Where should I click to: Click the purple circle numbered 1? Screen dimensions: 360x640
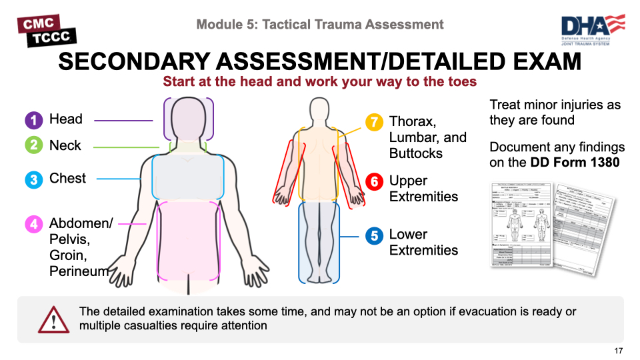[34, 120]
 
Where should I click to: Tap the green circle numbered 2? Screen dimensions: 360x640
[34, 145]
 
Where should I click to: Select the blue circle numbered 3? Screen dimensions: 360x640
[34, 179]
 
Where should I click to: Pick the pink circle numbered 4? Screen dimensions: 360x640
[34, 224]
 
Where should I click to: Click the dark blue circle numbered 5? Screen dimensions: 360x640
[374, 235]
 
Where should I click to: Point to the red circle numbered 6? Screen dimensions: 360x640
[374, 181]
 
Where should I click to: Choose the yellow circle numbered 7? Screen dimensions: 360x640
[374, 122]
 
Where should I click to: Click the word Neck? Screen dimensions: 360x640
[65, 145]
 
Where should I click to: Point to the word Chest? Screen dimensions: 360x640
[67, 179]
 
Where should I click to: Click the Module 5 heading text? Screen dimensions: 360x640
[320, 25]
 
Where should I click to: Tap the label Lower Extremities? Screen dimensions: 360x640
[423, 243]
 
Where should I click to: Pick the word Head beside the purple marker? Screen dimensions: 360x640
[66, 119]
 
